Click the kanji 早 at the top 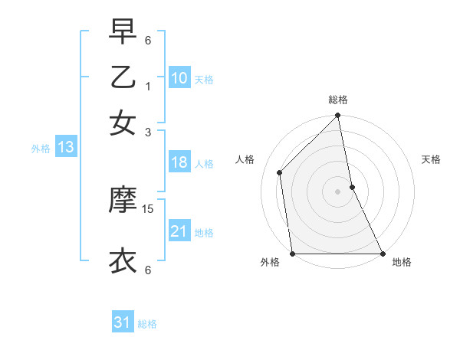(x=123, y=32)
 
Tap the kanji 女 (x=123, y=123)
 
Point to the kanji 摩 (x=123, y=201)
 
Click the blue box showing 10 (x=179, y=78)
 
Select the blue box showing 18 (x=179, y=162)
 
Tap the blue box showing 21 (x=179, y=231)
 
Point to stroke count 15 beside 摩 (x=148, y=208)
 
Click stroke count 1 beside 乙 (x=148, y=86)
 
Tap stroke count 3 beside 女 (x=148, y=132)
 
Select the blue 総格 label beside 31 (x=148, y=324)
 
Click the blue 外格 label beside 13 (x=40, y=149)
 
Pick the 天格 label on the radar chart (x=431, y=159)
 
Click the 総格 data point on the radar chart (x=338, y=116)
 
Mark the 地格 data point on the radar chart (x=382, y=254)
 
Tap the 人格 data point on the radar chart (x=280, y=172)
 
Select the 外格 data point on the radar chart (x=293, y=254)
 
